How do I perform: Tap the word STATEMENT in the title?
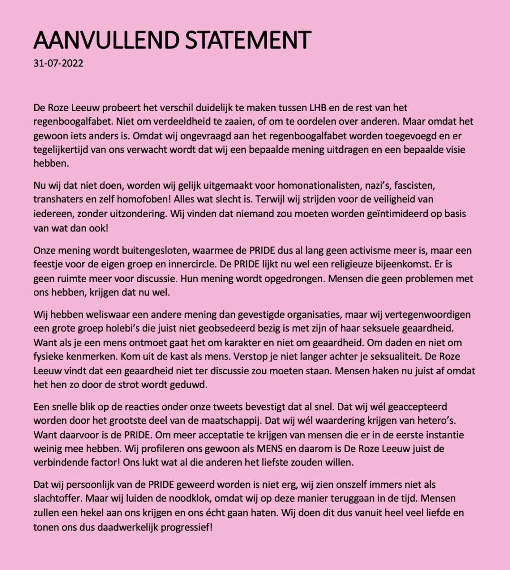248,40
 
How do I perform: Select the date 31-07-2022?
58,63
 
